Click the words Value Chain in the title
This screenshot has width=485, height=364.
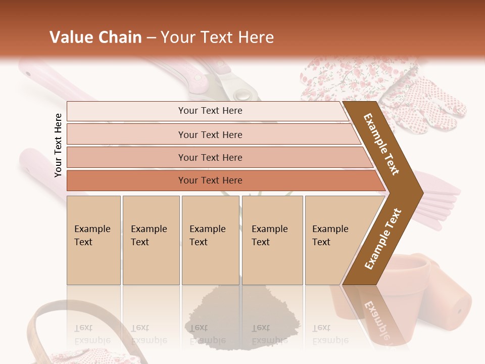[x=95, y=37]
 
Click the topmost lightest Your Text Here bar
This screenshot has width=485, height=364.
[x=210, y=111]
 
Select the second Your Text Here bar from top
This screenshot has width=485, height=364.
[x=210, y=134]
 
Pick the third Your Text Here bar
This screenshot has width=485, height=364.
[x=210, y=157]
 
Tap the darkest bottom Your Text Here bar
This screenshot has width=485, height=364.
[x=210, y=180]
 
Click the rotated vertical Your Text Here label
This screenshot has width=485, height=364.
[x=58, y=145]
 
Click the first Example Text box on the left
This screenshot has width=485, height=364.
[x=93, y=240]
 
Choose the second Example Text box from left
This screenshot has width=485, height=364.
[x=151, y=240]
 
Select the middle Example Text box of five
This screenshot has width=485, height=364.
[x=210, y=240]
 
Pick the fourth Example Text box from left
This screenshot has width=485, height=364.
[x=272, y=240]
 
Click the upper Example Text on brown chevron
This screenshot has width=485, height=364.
[x=381, y=144]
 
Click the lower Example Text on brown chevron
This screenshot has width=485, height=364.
[x=383, y=239]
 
